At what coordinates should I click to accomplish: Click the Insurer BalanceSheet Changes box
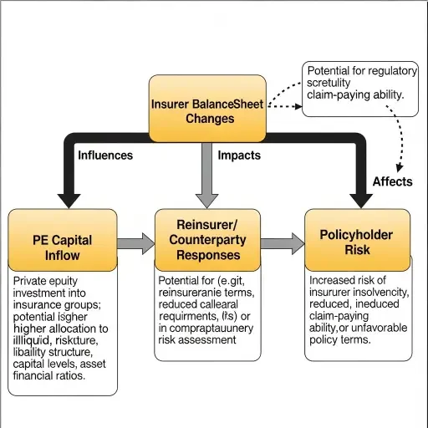[207, 109]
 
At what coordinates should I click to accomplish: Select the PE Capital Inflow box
[63, 240]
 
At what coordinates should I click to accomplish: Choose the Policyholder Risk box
[355, 240]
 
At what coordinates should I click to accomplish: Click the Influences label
[105, 155]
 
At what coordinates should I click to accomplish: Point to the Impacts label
[239, 155]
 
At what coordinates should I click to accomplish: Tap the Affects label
[392, 181]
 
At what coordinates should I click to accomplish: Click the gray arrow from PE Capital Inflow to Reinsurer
[135, 243]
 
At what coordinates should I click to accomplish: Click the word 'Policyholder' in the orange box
[356, 235]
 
